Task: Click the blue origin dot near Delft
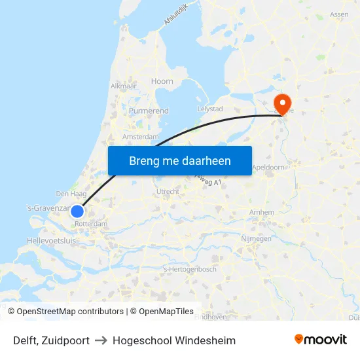coord(77,211)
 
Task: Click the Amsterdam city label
coord(140,137)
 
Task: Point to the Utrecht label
coord(168,191)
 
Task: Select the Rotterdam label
coord(91,224)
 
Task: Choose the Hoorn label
coord(162,81)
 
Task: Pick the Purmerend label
coord(149,111)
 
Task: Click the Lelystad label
coord(210,109)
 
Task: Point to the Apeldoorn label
coord(268,167)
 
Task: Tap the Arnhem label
coord(262,212)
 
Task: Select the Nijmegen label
coord(257,239)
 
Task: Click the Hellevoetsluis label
coord(51,241)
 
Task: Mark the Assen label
coord(339,14)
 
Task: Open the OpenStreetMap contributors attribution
coord(70,312)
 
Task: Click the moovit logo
coord(321,340)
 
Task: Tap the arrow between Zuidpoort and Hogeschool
coord(101,340)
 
